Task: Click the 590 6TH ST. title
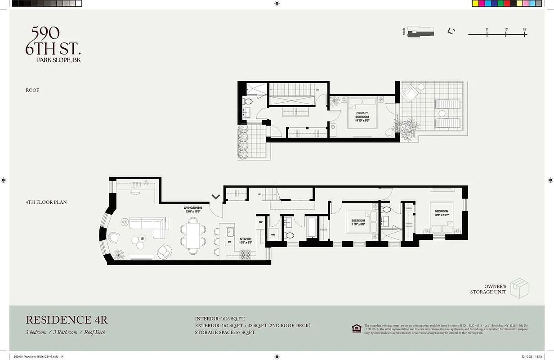pyautogui.click(x=53, y=41)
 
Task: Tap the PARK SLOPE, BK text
pyautogui.click(x=59, y=60)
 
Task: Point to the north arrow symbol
pyautogui.click(x=451, y=31)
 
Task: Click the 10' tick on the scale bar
pyautogui.click(x=506, y=33)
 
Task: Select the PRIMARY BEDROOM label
pyautogui.click(x=362, y=115)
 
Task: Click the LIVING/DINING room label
pyautogui.click(x=193, y=209)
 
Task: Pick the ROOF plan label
pyautogui.click(x=32, y=90)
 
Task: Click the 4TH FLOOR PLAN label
pyautogui.click(x=46, y=202)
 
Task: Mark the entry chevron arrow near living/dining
pyautogui.click(x=216, y=197)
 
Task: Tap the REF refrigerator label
pyautogui.click(x=260, y=222)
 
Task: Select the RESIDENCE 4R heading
pyautogui.click(x=67, y=320)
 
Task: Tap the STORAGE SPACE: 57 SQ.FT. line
pyautogui.click(x=225, y=333)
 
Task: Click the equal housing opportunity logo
pyautogui.click(x=356, y=328)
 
